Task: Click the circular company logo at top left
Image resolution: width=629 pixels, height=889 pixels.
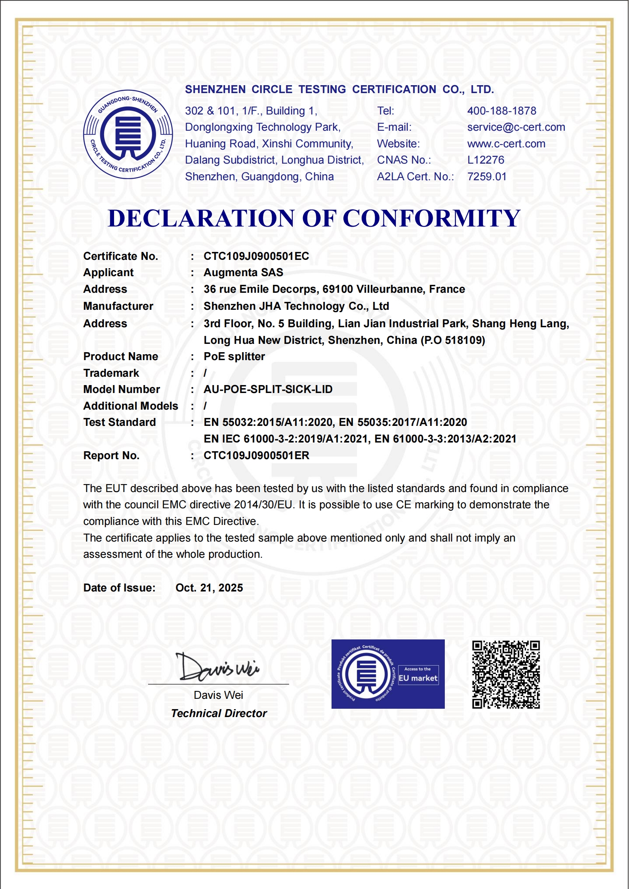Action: click(128, 134)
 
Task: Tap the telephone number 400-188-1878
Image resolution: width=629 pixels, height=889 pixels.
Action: click(501, 111)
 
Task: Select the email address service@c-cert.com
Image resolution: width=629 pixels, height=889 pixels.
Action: click(516, 127)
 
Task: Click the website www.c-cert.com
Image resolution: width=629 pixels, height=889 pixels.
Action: click(506, 144)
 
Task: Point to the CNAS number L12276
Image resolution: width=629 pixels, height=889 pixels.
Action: click(486, 160)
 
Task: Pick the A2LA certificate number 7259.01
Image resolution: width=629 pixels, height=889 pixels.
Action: click(487, 177)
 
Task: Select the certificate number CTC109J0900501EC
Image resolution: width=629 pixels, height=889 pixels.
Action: click(256, 256)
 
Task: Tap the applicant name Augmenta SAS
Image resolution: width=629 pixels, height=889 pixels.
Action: click(243, 273)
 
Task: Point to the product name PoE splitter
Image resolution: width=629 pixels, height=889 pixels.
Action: click(234, 357)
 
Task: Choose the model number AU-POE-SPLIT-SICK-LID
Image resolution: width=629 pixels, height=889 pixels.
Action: click(268, 389)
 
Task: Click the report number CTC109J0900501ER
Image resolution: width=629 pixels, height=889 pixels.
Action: click(256, 456)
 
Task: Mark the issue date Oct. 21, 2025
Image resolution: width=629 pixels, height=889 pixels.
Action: click(209, 588)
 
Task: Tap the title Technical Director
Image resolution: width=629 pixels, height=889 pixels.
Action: click(219, 713)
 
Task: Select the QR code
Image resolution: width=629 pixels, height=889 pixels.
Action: click(506, 674)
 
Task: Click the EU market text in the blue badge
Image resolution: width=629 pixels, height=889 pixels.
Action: click(418, 678)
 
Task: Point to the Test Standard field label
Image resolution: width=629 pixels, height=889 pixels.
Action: click(119, 422)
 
